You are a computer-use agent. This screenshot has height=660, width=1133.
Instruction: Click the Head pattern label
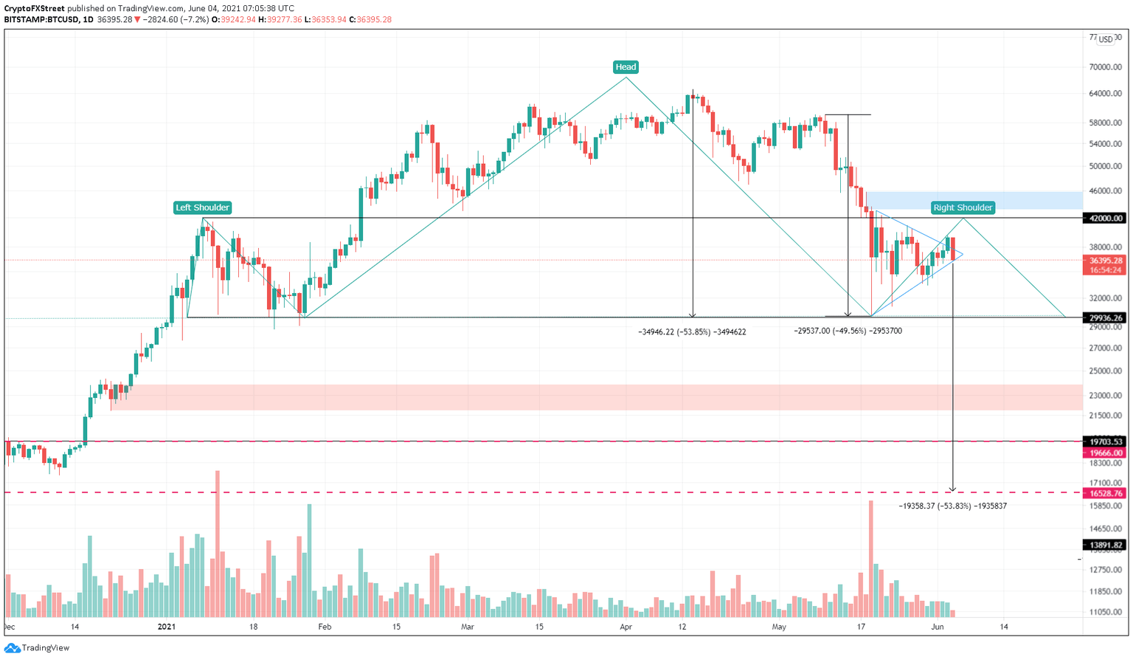point(626,67)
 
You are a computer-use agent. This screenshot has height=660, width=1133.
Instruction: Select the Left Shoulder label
point(202,207)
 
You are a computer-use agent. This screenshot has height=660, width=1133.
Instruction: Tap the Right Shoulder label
point(963,207)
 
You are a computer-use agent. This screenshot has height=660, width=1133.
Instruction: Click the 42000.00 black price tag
point(1104,219)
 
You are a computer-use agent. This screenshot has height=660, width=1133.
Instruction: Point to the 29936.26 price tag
point(1104,318)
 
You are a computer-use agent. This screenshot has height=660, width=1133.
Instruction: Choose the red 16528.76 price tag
point(1104,493)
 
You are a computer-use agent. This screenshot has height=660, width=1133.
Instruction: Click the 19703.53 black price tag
point(1104,441)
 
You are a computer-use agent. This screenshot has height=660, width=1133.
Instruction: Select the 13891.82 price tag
point(1104,546)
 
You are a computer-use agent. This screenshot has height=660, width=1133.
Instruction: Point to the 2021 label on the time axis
point(167,627)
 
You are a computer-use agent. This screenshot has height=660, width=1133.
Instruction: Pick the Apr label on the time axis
point(626,627)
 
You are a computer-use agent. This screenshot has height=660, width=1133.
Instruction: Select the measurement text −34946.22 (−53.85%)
point(692,332)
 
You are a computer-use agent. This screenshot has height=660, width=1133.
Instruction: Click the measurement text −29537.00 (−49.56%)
point(848,331)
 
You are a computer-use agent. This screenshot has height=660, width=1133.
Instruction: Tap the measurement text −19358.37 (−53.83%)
point(952,506)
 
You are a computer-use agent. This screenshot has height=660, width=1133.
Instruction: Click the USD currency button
point(1105,40)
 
